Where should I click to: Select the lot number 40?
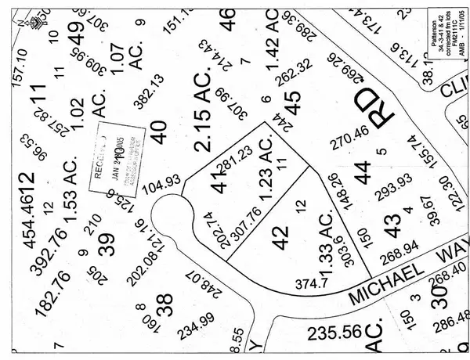click(161, 126)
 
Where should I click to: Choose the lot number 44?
click(363, 170)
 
